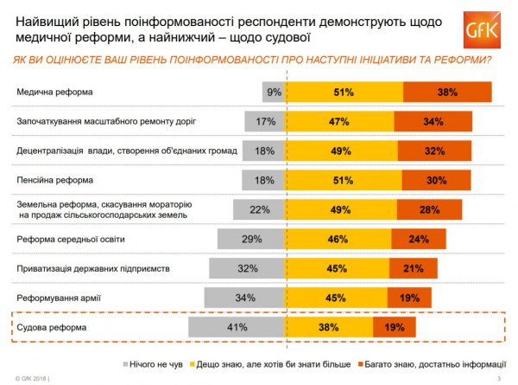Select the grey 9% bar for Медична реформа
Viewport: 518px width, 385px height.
(x=275, y=92)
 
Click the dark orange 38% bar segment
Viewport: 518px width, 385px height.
(x=447, y=92)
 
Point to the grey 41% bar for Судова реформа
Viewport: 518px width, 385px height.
(x=237, y=327)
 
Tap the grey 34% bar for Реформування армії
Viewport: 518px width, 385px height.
(x=245, y=298)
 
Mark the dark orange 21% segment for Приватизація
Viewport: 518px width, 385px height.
(x=413, y=268)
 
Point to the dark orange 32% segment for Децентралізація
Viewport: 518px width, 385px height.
(x=434, y=151)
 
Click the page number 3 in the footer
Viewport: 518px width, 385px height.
(x=499, y=379)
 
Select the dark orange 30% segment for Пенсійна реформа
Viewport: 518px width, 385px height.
(x=437, y=180)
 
